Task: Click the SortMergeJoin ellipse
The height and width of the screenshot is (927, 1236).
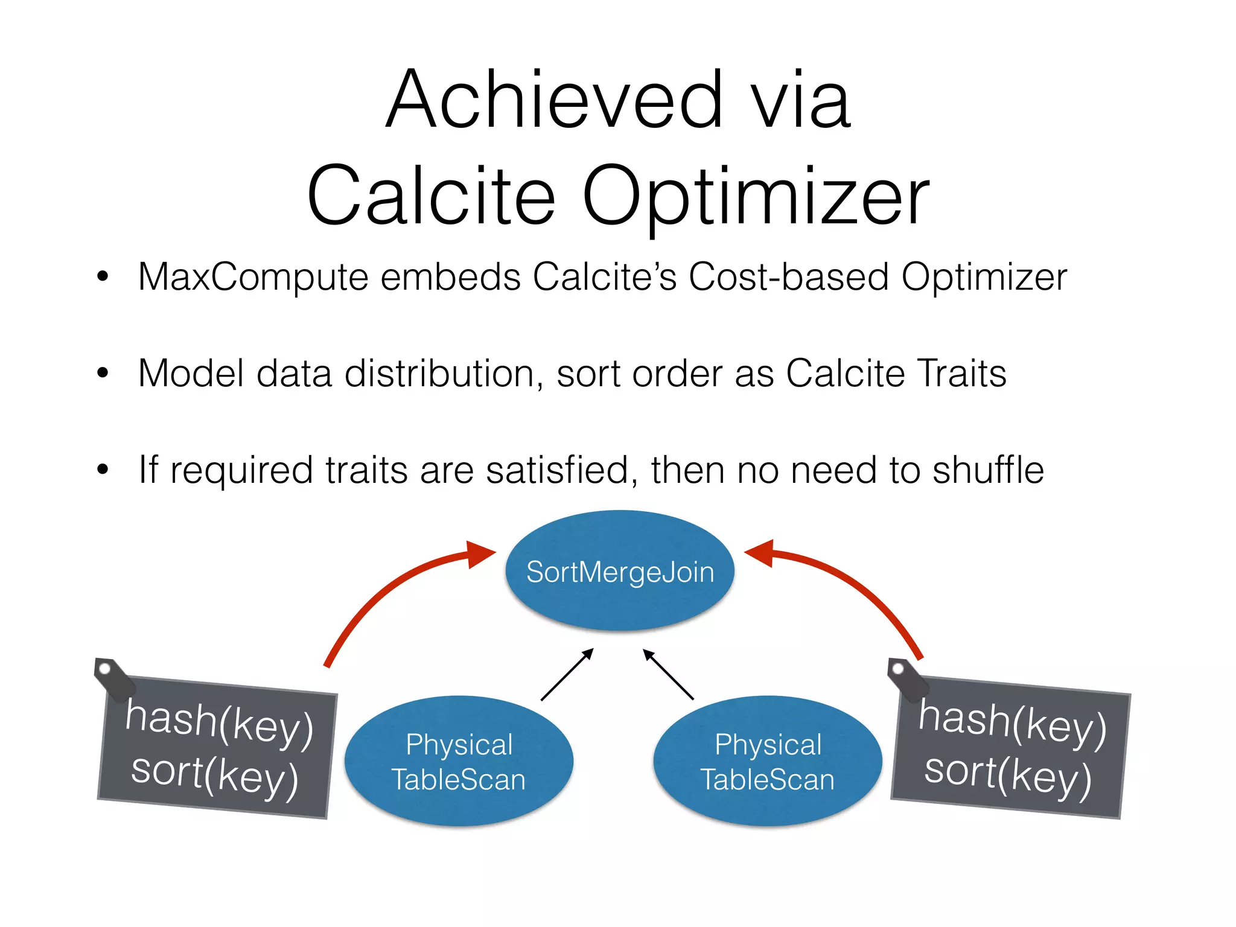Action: pos(620,571)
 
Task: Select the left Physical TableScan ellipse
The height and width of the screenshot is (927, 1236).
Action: pos(459,761)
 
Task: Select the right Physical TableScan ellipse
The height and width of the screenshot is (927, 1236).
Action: pos(768,761)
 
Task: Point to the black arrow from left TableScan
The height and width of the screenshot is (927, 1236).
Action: pos(567,675)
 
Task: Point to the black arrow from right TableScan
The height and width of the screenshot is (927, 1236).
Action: pos(668,674)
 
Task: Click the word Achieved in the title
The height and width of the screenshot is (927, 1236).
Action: pos(554,100)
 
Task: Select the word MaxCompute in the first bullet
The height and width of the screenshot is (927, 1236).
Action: pos(253,277)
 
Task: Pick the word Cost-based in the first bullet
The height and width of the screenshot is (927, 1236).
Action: pos(788,277)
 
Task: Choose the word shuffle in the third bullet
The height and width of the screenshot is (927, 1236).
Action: pos(988,470)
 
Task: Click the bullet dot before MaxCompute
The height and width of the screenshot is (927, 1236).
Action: pos(103,277)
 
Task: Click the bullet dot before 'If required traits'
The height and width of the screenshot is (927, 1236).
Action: pos(103,469)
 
